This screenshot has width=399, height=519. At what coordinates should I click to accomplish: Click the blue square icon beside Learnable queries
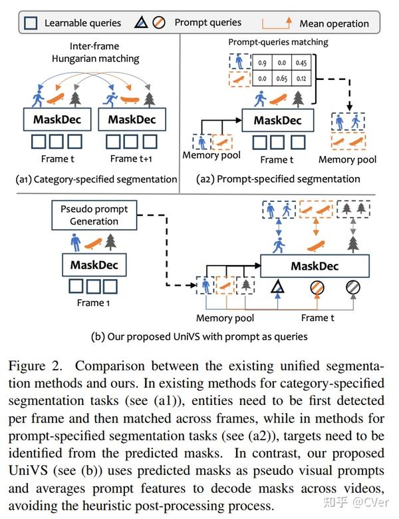click(x=31, y=23)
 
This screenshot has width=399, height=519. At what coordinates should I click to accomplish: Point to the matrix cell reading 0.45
click(x=303, y=64)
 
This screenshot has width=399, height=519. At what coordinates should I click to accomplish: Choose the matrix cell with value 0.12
click(x=303, y=79)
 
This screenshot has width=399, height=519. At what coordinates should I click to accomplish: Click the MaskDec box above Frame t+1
click(x=132, y=119)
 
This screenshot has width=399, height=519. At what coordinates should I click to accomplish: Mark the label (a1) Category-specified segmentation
click(x=96, y=179)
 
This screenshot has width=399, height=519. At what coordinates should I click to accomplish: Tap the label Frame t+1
click(x=132, y=159)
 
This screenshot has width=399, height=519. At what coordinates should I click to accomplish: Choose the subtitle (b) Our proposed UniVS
click(x=199, y=336)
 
